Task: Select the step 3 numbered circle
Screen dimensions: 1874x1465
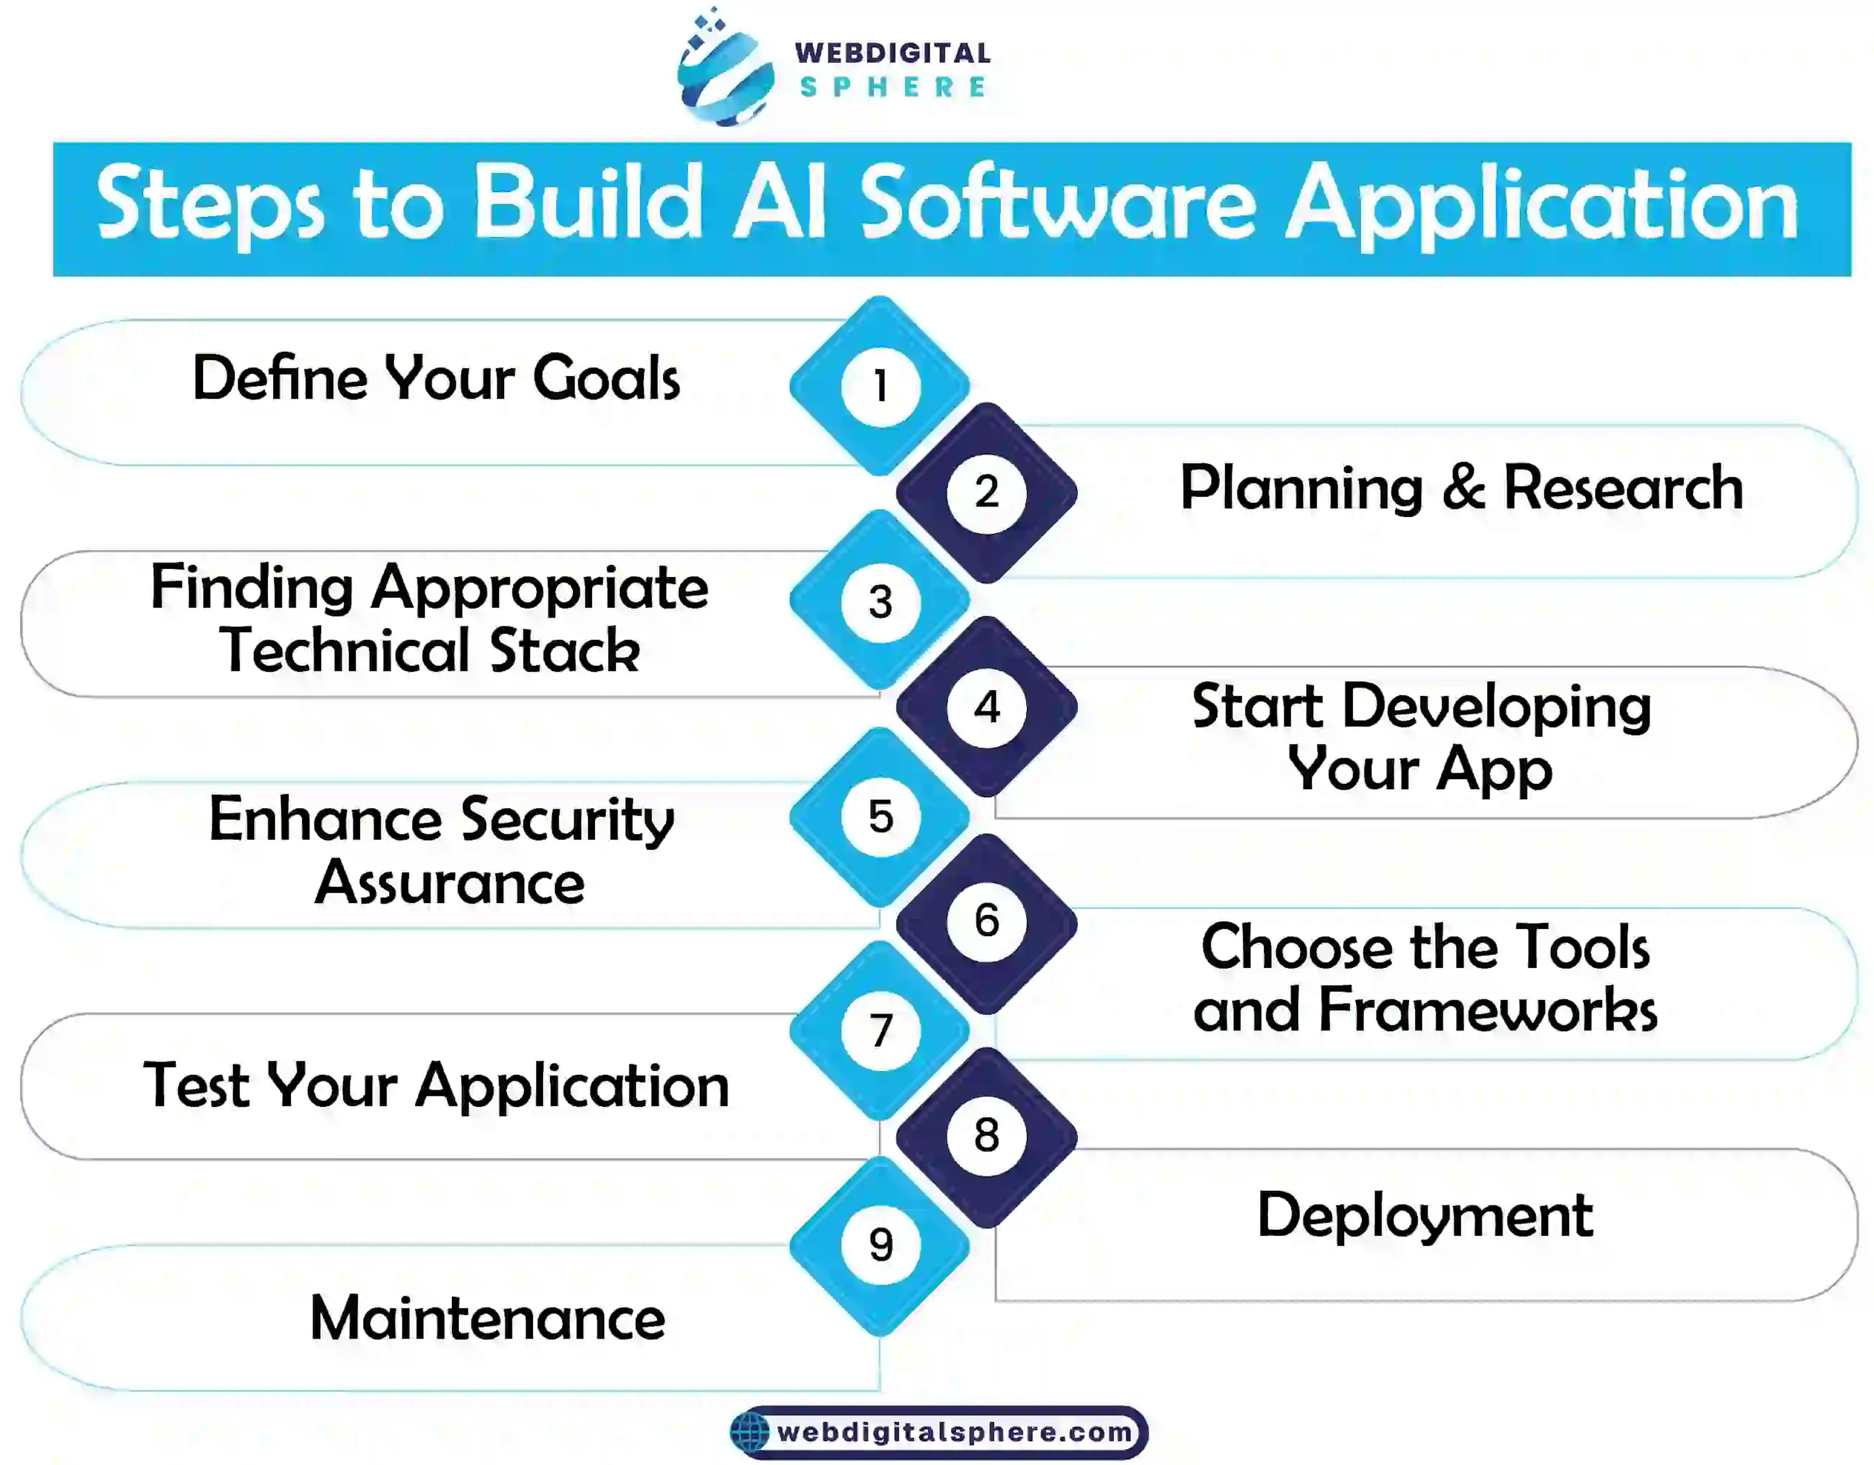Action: point(880,601)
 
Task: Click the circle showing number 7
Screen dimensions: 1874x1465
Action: point(880,1031)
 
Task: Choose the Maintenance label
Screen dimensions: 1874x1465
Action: point(488,1318)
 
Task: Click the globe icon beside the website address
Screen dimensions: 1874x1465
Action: point(750,1431)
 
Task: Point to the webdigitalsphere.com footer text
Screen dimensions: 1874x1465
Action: point(954,1431)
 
